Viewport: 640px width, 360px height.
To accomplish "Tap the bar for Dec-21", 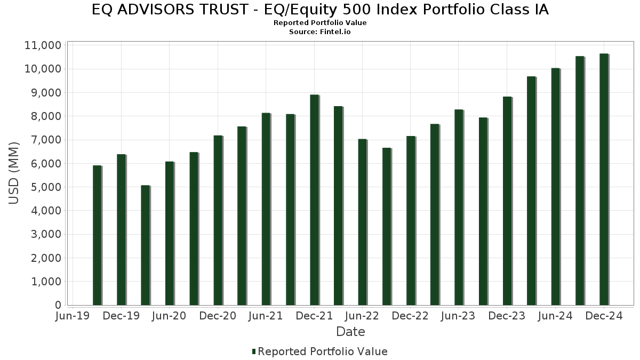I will click(314, 200).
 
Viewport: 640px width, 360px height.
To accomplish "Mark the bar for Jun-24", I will click(555, 187).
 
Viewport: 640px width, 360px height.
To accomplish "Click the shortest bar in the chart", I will click(145, 245).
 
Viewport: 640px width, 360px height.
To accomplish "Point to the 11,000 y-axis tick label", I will click(43, 45).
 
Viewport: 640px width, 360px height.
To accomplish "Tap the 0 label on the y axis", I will click(58, 305).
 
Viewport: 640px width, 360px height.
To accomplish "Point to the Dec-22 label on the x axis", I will click(410, 316).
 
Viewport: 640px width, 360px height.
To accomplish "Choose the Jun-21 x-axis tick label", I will click(266, 316).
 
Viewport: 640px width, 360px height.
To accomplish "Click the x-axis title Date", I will click(350, 332).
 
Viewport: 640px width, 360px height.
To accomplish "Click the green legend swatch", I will click(254, 351).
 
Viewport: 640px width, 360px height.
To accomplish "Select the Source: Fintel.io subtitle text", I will click(320, 31).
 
